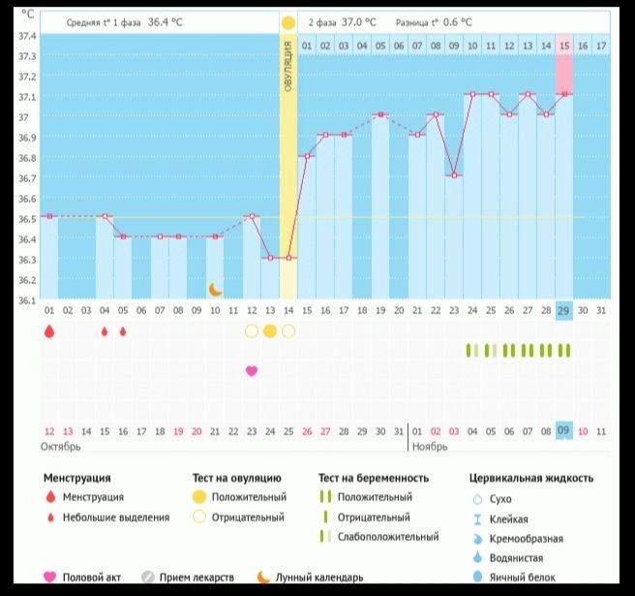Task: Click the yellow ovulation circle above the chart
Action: pyautogui.click(x=287, y=21)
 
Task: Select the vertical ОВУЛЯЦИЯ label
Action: pyautogui.click(x=287, y=68)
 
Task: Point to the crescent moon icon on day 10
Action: pyautogui.click(x=215, y=289)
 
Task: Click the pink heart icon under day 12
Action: pyautogui.click(x=252, y=370)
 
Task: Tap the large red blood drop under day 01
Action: pyautogui.click(x=49, y=331)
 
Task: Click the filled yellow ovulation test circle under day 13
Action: pyautogui.click(x=270, y=331)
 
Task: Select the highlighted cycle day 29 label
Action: pyautogui.click(x=564, y=310)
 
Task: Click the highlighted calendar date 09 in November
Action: pyautogui.click(x=564, y=431)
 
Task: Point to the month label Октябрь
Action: pyautogui.click(x=60, y=447)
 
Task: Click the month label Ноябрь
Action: pyautogui.click(x=431, y=447)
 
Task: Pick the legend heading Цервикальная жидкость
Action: pyautogui.click(x=531, y=478)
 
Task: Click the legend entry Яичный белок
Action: pyautogui.click(x=523, y=578)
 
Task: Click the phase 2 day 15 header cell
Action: pyautogui.click(x=564, y=46)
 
